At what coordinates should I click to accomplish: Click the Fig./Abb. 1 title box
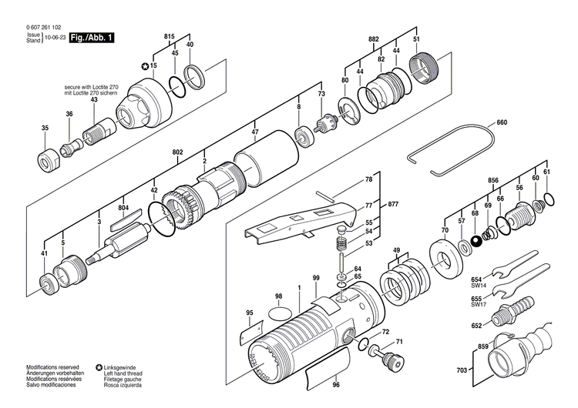pyautogui.click(x=90, y=36)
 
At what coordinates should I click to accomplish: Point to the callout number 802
pyautogui.click(x=178, y=153)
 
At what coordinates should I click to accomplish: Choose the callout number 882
pyautogui.click(x=374, y=38)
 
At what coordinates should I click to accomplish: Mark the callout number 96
pyautogui.click(x=335, y=384)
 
